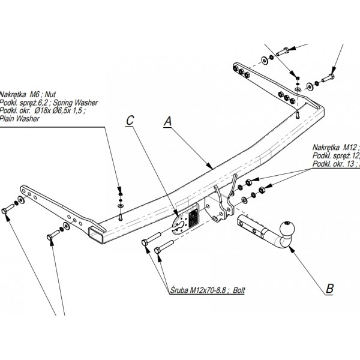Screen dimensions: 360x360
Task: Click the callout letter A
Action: [169, 121]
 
